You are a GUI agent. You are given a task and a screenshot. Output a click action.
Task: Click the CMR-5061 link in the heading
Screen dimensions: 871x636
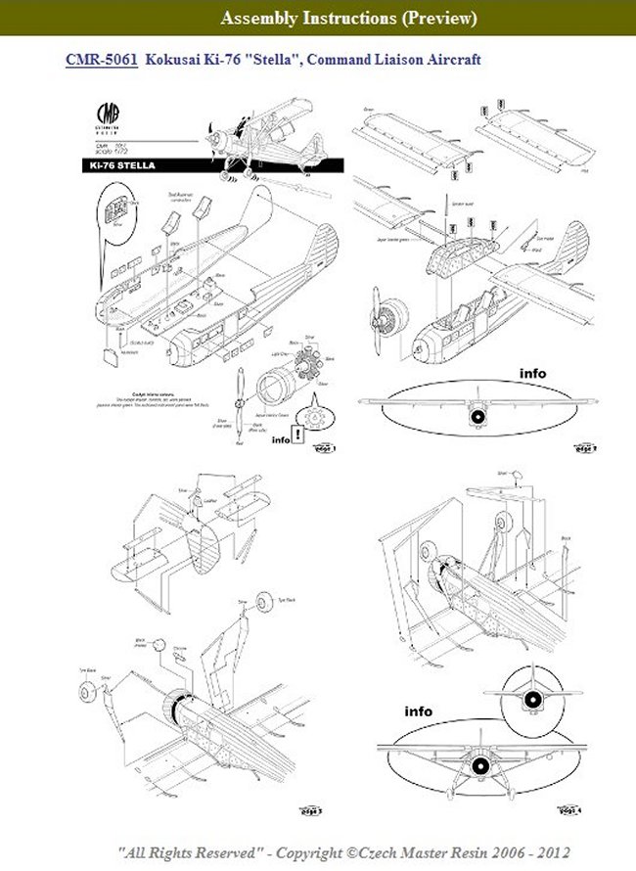tap(102, 61)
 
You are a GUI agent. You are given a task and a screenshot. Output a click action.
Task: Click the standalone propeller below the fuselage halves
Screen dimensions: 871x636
tap(237, 405)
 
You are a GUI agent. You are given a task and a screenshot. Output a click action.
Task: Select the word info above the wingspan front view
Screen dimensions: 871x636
tap(533, 373)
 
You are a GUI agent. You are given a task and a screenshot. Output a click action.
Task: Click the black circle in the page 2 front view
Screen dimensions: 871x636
tap(477, 418)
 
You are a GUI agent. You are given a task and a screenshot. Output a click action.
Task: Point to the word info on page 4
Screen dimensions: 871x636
tap(419, 711)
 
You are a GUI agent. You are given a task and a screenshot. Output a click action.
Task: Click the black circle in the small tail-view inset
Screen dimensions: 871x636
tap(531, 699)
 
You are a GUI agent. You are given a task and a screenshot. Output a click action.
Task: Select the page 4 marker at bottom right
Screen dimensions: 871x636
tap(569, 811)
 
